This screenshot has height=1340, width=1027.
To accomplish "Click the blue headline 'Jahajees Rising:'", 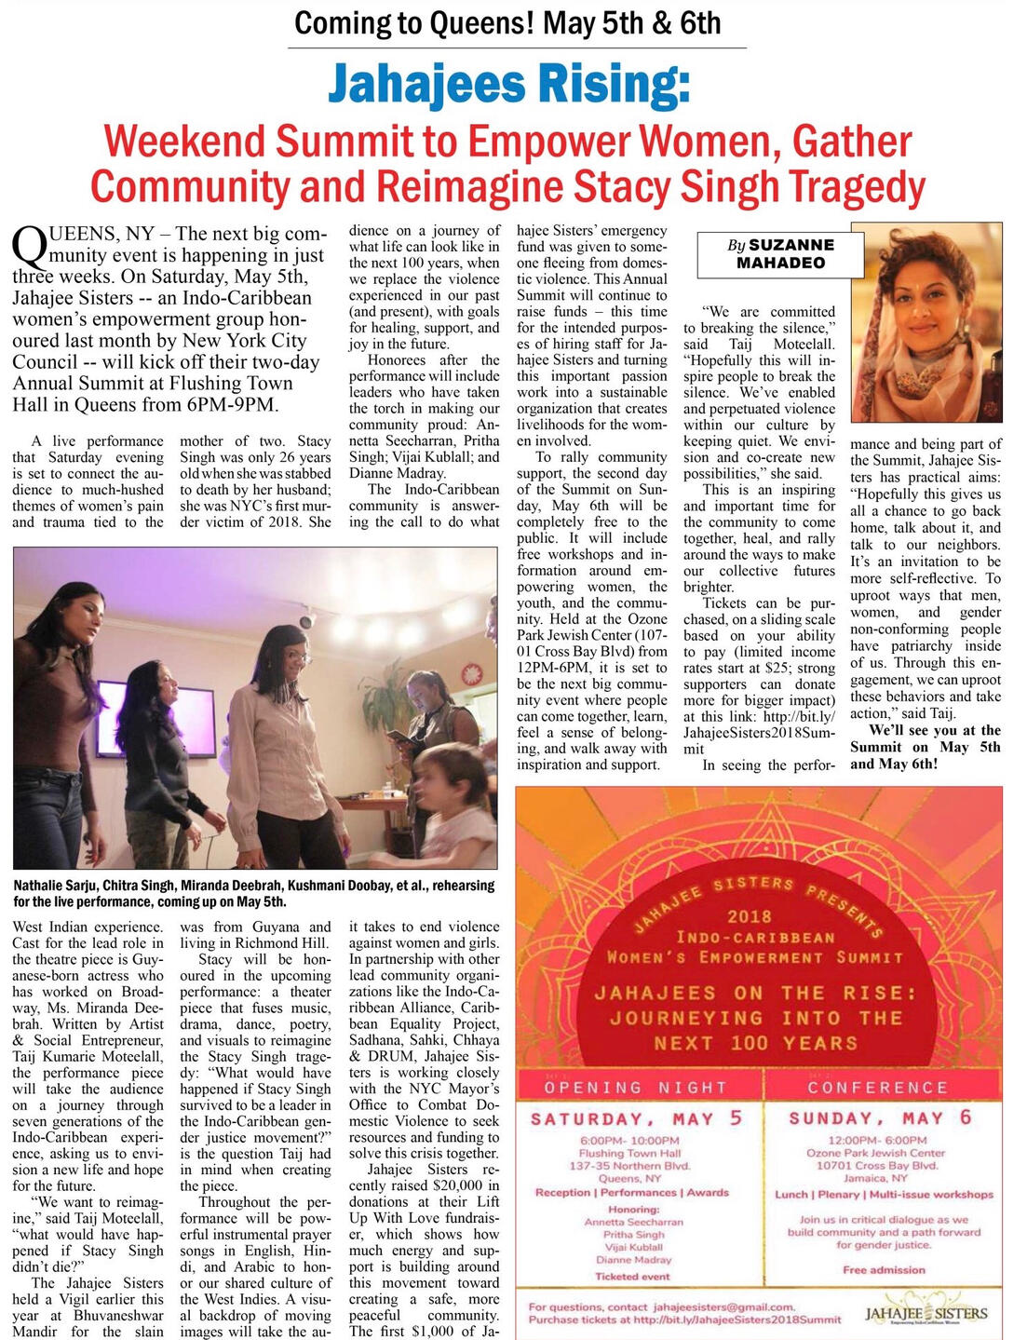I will point(508,85).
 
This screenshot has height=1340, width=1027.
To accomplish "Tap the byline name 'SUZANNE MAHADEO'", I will point(780,253).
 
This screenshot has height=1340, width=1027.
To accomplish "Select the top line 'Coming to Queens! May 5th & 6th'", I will point(507,22).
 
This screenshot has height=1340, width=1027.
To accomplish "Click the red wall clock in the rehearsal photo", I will point(471,672).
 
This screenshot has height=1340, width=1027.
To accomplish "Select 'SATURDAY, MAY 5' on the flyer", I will point(636,1118).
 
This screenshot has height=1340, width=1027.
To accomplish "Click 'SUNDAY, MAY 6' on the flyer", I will point(879,1117).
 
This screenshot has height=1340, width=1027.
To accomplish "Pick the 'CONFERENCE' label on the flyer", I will point(877,1087).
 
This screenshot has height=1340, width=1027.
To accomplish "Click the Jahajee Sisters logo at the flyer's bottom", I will point(926,1314).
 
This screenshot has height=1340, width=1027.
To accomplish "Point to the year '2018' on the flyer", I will point(750,916).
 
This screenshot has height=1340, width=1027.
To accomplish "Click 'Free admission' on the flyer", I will point(884,1269).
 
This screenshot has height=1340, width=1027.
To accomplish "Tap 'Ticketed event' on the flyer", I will point(632,1276).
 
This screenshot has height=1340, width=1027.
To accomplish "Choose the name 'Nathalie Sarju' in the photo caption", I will point(55,885).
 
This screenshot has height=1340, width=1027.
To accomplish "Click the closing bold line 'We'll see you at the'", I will point(934,730).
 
